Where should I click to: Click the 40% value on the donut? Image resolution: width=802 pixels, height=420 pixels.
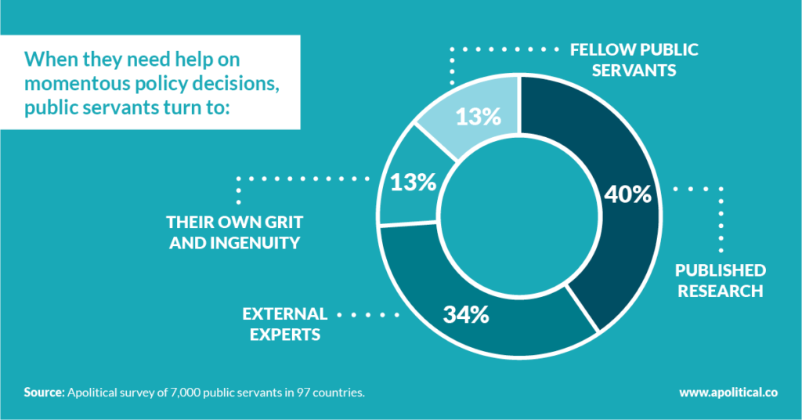click(x=628, y=194)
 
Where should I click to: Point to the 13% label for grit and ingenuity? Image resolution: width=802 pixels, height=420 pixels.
click(x=413, y=183)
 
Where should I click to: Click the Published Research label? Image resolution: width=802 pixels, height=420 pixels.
click(x=721, y=281)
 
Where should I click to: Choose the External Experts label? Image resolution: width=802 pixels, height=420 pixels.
click(x=284, y=324)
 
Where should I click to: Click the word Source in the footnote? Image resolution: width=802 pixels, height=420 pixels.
click(x=43, y=392)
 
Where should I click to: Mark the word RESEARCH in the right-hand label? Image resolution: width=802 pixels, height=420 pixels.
click(x=720, y=291)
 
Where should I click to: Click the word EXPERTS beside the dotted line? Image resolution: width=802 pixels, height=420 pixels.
click(x=284, y=334)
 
